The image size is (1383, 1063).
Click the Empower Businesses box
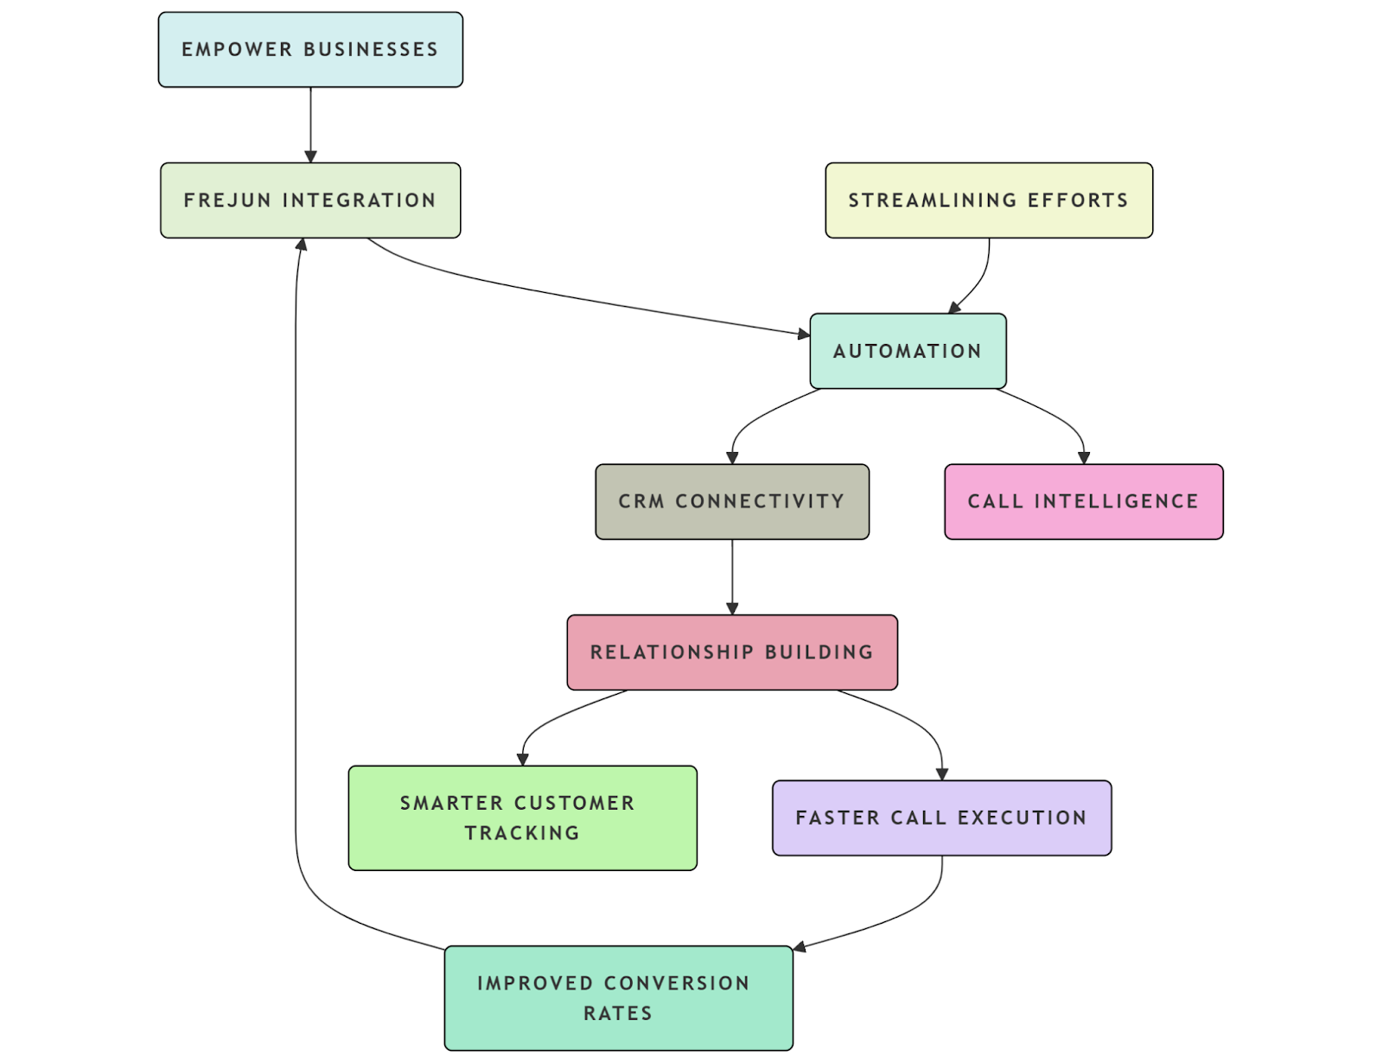click(310, 49)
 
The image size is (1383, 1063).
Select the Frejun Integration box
click(310, 200)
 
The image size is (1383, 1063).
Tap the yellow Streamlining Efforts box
click(988, 200)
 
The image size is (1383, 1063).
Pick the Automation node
click(907, 351)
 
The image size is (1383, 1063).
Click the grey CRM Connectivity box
click(731, 501)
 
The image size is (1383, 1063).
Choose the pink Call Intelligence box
click(1083, 501)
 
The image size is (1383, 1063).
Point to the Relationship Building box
click(731, 652)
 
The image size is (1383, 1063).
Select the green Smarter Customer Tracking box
click(522, 818)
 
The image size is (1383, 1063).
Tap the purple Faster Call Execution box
click(941, 818)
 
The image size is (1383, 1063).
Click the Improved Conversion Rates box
click(618, 997)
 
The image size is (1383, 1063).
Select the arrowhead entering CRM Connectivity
click(732, 458)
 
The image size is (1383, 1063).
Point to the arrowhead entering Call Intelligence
click(1084, 458)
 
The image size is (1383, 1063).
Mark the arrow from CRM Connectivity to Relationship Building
click(732, 576)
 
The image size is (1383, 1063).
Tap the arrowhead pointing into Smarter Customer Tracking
click(522, 759)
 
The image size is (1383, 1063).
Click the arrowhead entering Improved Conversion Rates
click(800, 947)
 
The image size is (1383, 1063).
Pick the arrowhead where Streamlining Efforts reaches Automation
click(954, 308)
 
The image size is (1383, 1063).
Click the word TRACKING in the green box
click(522, 833)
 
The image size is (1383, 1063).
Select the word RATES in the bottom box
click(618, 1013)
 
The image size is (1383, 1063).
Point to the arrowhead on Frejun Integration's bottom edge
click(301, 245)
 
